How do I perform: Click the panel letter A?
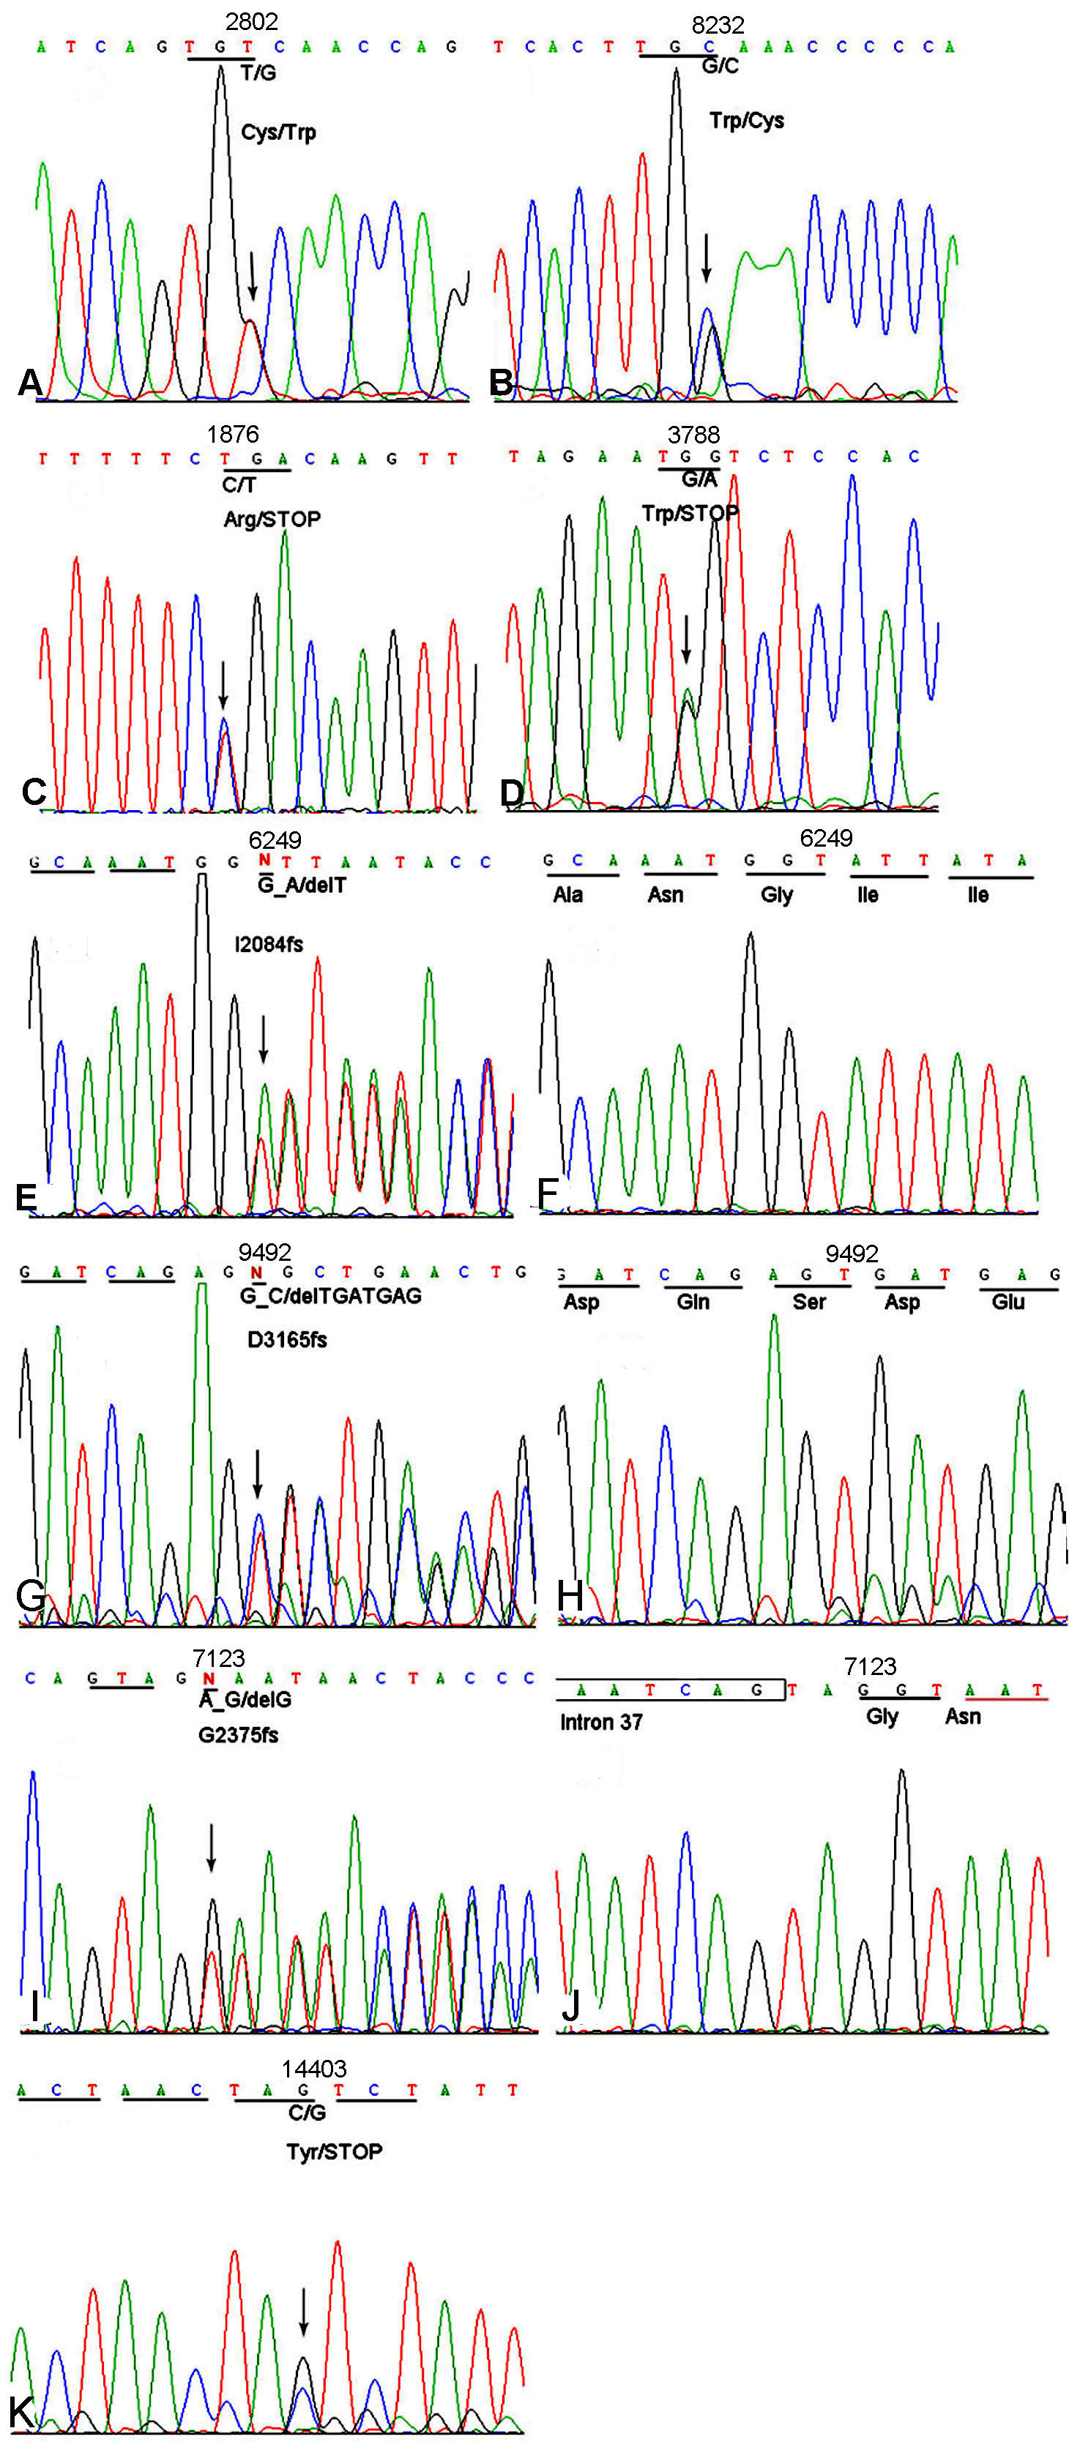coord(29,383)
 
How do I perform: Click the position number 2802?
coord(251,21)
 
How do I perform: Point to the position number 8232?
coord(717,25)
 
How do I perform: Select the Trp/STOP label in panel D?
coord(689,514)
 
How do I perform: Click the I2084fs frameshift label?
coord(269,945)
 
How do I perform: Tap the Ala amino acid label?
coord(568,894)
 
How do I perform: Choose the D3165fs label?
coord(286,1340)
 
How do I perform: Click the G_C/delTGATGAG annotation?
coord(330,1296)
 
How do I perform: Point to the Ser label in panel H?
coord(808,1302)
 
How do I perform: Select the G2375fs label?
coord(238,1735)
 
